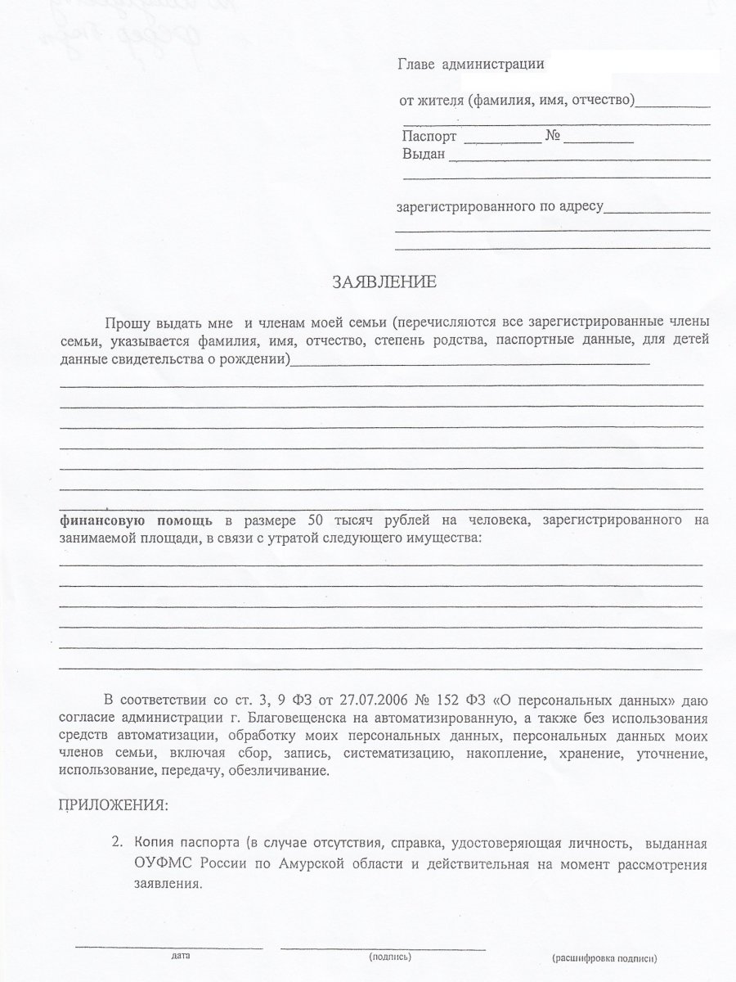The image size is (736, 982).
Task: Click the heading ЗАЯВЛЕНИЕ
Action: [384, 283]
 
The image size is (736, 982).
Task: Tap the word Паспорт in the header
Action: [429, 137]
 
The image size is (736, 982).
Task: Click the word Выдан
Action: [423, 154]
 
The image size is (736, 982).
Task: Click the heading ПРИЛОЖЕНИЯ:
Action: [114, 805]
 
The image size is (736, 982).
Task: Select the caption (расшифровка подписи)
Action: [604, 957]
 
